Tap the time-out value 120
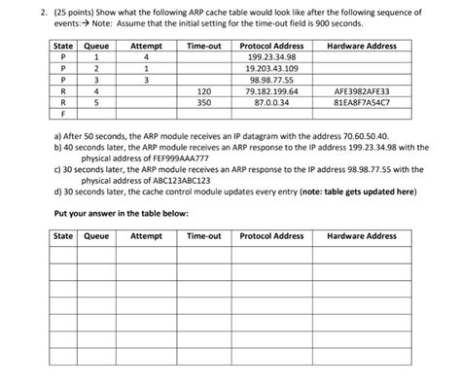click(203, 90)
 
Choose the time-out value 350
click(203, 101)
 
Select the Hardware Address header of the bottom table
click(362, 236)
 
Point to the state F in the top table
click(62, 112)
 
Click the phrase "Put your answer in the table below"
click(122, 213)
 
